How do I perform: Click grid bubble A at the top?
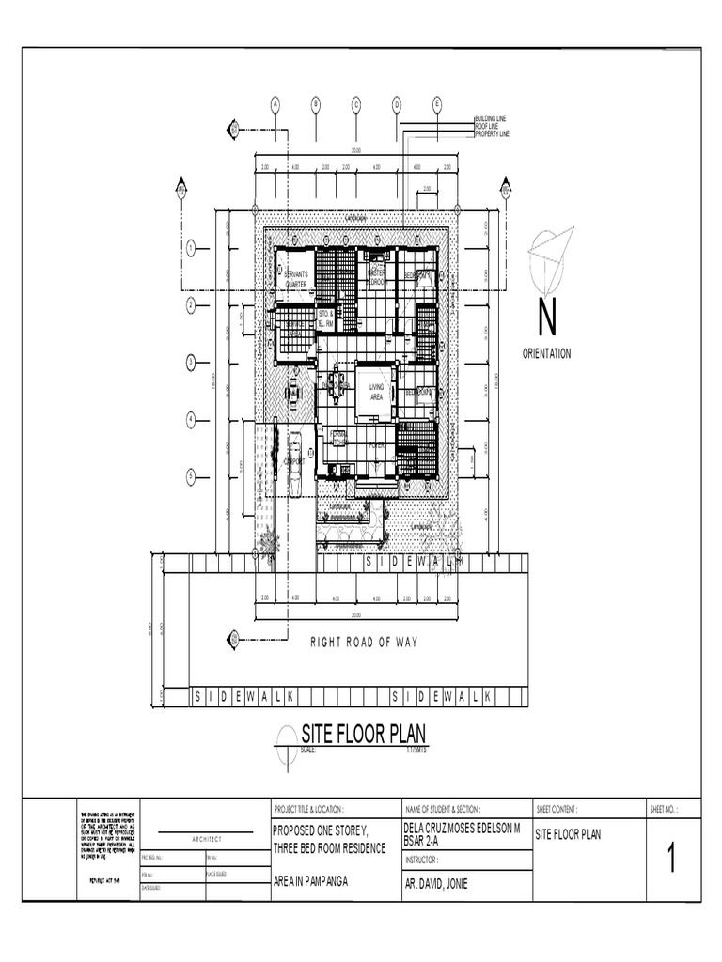coord(275,103)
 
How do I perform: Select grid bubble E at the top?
coord(437,103)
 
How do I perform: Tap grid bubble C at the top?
coord(356,103)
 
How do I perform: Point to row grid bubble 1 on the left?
coord(190,248)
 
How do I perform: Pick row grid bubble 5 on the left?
coord(190,476)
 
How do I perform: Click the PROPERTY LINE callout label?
coord(492,134)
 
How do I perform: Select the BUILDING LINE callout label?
coord(491,119)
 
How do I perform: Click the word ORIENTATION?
coord(546,353)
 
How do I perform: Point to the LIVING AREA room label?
coord(377,392)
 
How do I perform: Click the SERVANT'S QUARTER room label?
coord(296,278)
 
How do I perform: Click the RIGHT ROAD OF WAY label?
coord(364,643)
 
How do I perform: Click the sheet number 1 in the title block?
coord(671,861)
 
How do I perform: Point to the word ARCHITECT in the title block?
coord(207,839)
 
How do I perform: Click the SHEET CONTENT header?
coord(557,809)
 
